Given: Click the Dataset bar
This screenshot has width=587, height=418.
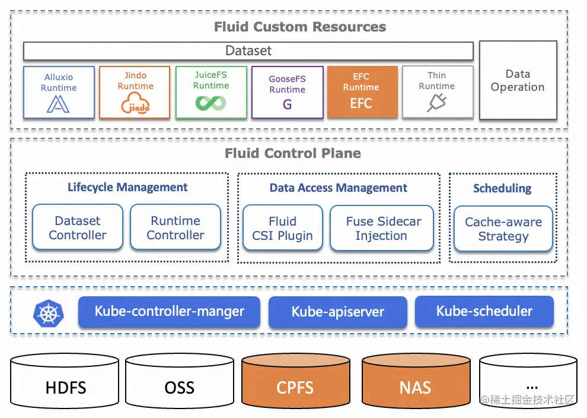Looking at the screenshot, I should [248, 51].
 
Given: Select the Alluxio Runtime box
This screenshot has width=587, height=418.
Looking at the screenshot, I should [59, 92].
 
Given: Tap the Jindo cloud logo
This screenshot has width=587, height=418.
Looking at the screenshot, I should [135, 104].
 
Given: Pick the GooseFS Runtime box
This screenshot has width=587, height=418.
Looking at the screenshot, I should [288, 92].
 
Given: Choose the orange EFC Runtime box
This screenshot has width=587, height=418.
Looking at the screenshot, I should [361, 92].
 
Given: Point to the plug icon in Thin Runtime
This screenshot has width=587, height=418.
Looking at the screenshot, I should [436, 104].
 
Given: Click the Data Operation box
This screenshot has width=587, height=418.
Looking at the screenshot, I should [518, 80].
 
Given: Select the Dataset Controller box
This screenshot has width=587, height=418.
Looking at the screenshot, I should [78, 227].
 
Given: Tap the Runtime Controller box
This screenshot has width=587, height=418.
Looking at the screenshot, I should [176, 227].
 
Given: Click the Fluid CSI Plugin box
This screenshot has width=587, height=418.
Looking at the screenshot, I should [282, 228].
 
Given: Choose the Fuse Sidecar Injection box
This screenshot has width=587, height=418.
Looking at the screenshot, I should [382, 228].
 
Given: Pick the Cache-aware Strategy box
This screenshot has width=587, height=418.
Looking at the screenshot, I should [503, 229].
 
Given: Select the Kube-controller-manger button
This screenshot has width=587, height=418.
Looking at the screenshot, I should [169, 312].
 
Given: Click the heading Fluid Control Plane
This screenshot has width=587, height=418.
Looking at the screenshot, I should [292, 153].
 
